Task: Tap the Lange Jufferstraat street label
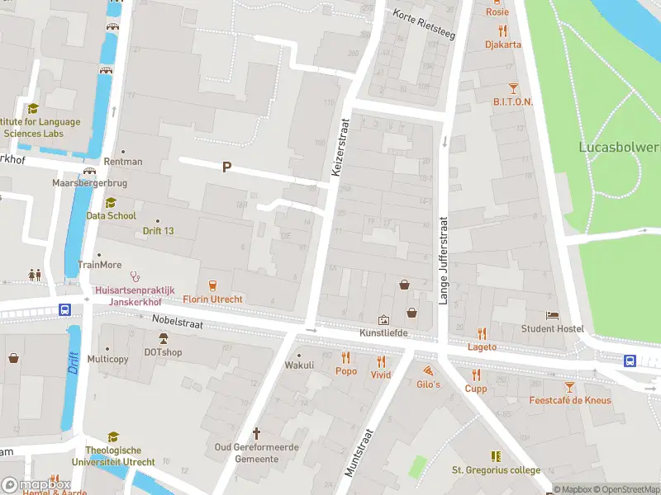click(x=443, y=261)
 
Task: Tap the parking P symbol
click(x=226, y=167)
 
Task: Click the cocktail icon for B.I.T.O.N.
click(x=513, y=87)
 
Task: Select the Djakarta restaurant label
click(x=503, y=45)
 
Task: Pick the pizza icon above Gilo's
click(x=428, y=371)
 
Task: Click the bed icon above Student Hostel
click(x=552, y=316)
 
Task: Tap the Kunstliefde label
click(x=383, y=332)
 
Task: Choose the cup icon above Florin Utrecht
click(x=213, y=285)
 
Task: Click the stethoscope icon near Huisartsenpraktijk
click(x=135, y=277)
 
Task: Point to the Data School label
click(x=111, y=215)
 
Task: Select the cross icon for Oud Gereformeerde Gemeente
click(x=256, y=433)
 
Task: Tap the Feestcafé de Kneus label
click(x=569, y=400)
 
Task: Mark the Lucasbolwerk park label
click(x=620, y=147)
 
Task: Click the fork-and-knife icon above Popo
click(x=345, y=358)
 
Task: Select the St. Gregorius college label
click(x=496, y=470)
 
